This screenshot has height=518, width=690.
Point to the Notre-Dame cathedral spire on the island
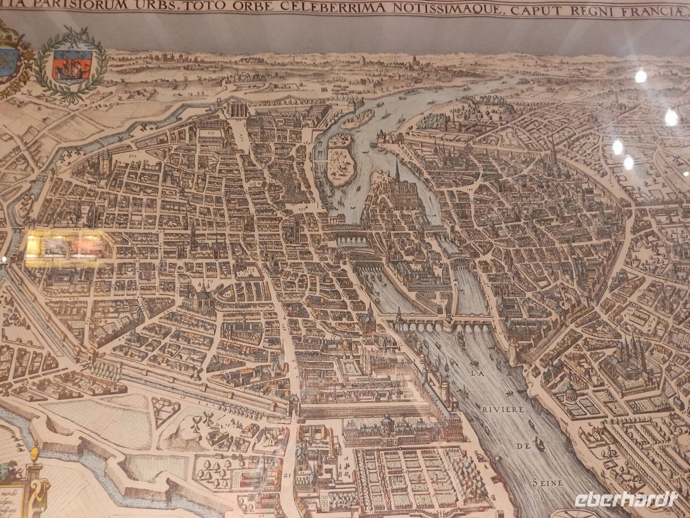tap(397, 168)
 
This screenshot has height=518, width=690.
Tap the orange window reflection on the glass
tap(65, 244)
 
